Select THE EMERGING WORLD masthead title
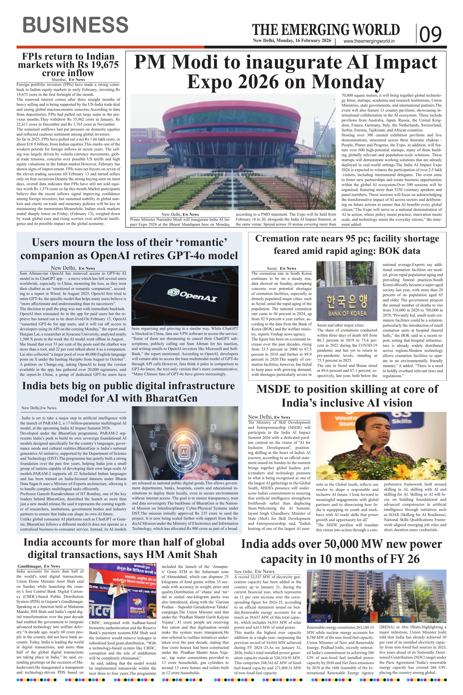click(x=326, y=30)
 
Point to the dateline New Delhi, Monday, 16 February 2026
click(x=292, y=41)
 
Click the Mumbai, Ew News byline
click(x=68, y=79)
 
